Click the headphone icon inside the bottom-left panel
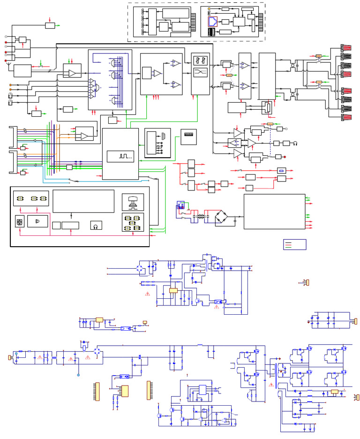tap(96, 225)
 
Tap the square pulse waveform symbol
tap(120, 156)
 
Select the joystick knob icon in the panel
tap(133, 202)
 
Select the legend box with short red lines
tap(294, 244)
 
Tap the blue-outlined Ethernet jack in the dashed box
tap(212, 21)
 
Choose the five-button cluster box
tap(133, 222)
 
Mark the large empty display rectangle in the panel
tap(83, 201)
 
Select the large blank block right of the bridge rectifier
tap(274, 212)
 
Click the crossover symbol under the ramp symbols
tap(201, 72)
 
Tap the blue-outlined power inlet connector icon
tap(180, 205)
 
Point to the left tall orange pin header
tap(97, 391)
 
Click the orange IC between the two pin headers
tap(125, 391)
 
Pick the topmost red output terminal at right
tap(348, 48)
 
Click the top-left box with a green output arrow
tap(50, 25)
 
